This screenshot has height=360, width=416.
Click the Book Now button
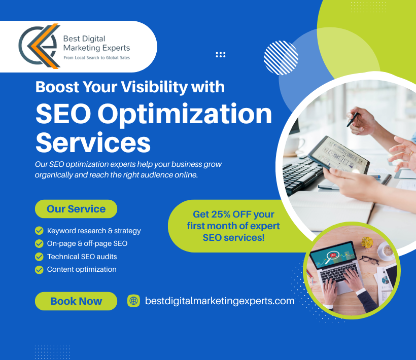click(x=76, y=301)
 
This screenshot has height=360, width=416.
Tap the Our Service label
click(x=76, y=209)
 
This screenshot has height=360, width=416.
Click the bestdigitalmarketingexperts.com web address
click(x=220, y=301)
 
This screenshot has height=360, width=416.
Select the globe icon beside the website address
click(x=133, y=301)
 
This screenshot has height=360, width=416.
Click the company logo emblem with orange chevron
click(x=38, y=47)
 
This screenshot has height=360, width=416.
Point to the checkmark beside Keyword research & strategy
click(x=39, y=231)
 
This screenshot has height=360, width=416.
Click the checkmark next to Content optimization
click(x=39, y=270)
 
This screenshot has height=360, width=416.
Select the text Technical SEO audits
click(x=82, y=257)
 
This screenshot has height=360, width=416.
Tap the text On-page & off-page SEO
click(x=87, y=243)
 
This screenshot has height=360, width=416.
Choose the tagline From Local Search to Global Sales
click(x=96, y=58)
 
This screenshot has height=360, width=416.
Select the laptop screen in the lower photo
click(x=332, y=256)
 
